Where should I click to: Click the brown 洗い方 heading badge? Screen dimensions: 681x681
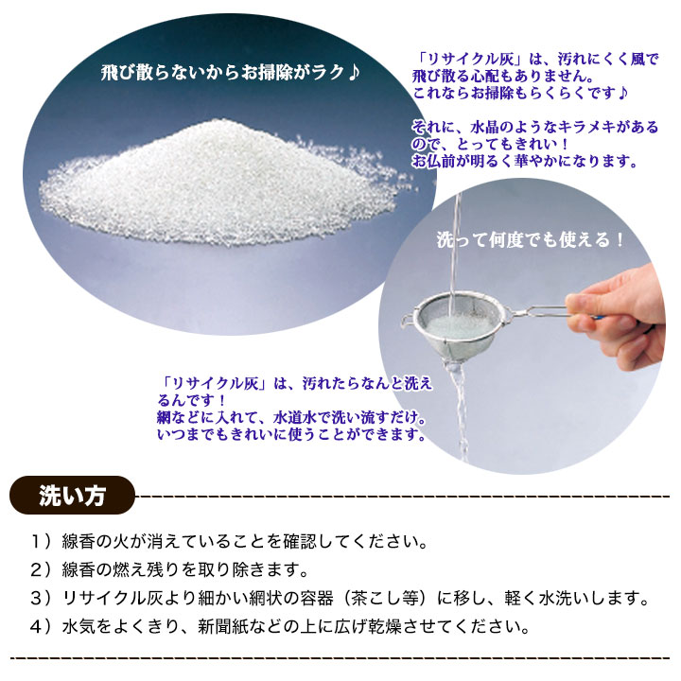72,496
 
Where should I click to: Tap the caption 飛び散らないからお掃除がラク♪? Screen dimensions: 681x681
230,73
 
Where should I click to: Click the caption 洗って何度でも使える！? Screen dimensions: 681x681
531,239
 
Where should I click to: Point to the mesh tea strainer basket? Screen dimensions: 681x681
457,324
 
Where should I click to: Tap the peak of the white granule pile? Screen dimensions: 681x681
214,122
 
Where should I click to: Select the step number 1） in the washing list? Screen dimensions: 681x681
42,542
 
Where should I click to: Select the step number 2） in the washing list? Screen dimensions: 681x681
42,570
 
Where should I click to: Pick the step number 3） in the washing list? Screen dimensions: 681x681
42,599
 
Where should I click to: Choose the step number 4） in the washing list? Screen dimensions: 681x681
42,627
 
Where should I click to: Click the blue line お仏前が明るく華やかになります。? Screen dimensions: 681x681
524,161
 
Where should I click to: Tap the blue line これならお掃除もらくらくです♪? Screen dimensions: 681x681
520,93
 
